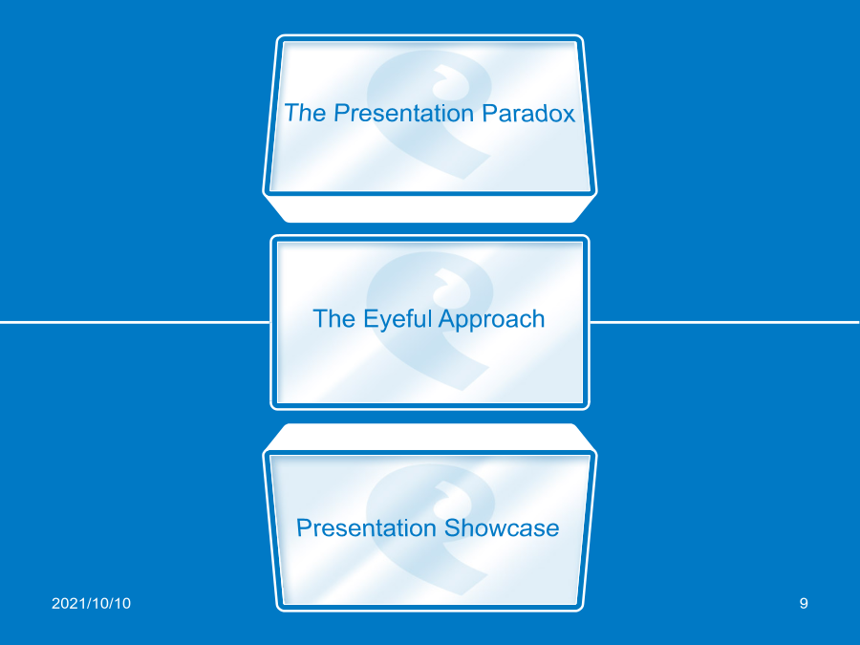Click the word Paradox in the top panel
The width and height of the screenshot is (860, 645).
(528, 113)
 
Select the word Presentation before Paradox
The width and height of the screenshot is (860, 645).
(403, 113)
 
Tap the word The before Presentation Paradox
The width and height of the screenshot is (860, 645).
(306, 113)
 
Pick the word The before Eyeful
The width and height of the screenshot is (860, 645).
(334, 318)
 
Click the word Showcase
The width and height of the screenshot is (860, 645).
(502, 527)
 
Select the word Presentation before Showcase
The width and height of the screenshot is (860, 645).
(366, 527)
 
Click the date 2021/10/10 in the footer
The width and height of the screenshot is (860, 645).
(91, 603)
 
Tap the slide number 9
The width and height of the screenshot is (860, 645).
(804, 603)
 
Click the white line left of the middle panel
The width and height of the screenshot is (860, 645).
(135, 322)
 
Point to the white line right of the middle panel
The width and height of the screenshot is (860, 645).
(724, 322)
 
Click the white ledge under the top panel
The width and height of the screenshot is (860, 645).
(430, 209)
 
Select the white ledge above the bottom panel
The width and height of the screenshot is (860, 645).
(430, 437)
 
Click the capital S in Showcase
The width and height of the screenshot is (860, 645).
(453, 527)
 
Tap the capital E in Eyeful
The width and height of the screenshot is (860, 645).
(371, 318)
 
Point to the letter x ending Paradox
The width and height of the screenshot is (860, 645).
(569, 116)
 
